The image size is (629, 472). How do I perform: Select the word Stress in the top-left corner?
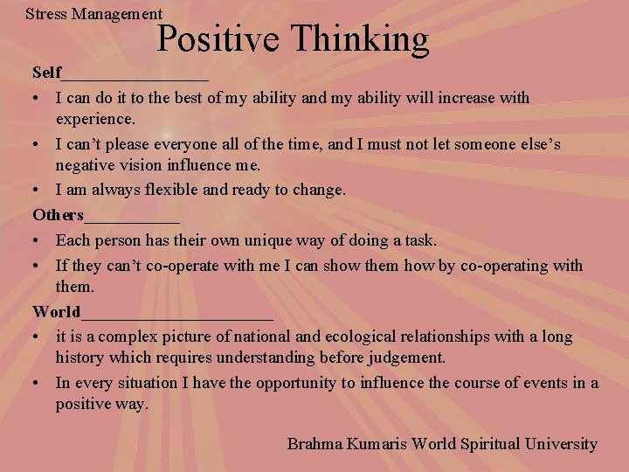click(x=45, y=13)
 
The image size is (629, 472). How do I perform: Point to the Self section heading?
click(x=46, y=73)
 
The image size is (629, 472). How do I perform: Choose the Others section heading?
click(x=58, y=215)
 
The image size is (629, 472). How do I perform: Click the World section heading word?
click(x=56, y=312)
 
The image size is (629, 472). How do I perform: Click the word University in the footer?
click(x=561, y=444)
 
